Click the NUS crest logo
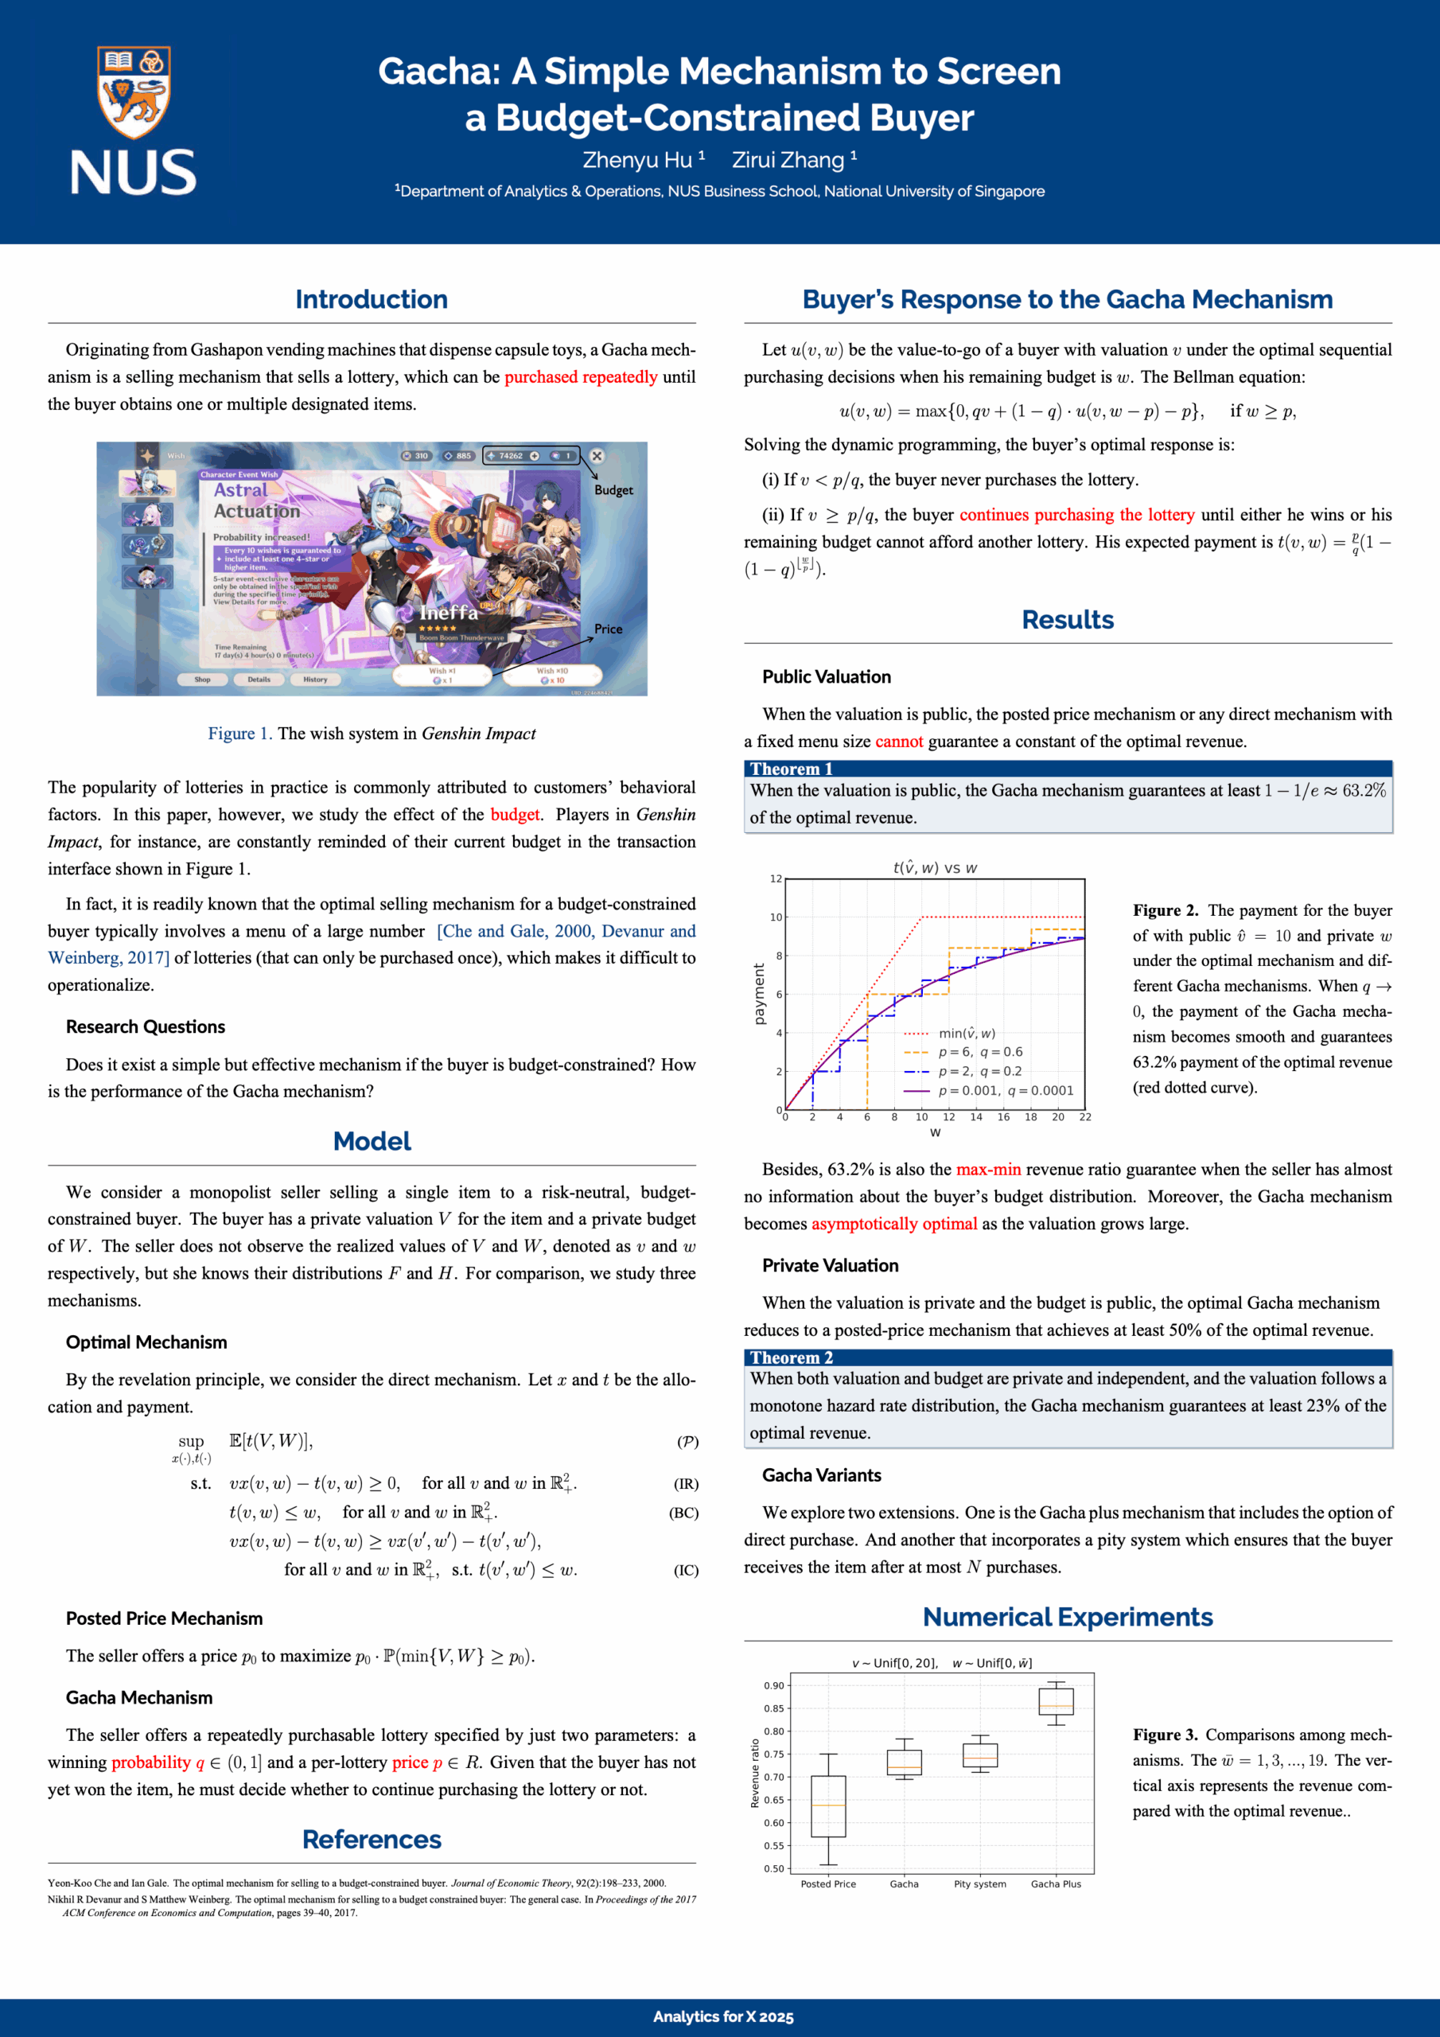coord(133,93)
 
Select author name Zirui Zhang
coord(788,161)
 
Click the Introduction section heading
coord(371,300)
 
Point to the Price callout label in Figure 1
coord(608,629)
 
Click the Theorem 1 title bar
coord(1068,769)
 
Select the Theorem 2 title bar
coord(1068,1357)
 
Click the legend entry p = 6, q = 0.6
coord(979,1052)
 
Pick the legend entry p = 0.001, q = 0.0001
coord(1006,1091)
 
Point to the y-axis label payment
coord(759,994)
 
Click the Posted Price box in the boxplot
coord(827,1805)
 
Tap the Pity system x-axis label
coord(979,1883)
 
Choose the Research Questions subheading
coord(146,1027)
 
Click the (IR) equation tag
coord(686,1483)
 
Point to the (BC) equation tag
coord(683,1513)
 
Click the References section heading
coord(371,1839)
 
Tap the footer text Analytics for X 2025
coord(723,2016)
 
